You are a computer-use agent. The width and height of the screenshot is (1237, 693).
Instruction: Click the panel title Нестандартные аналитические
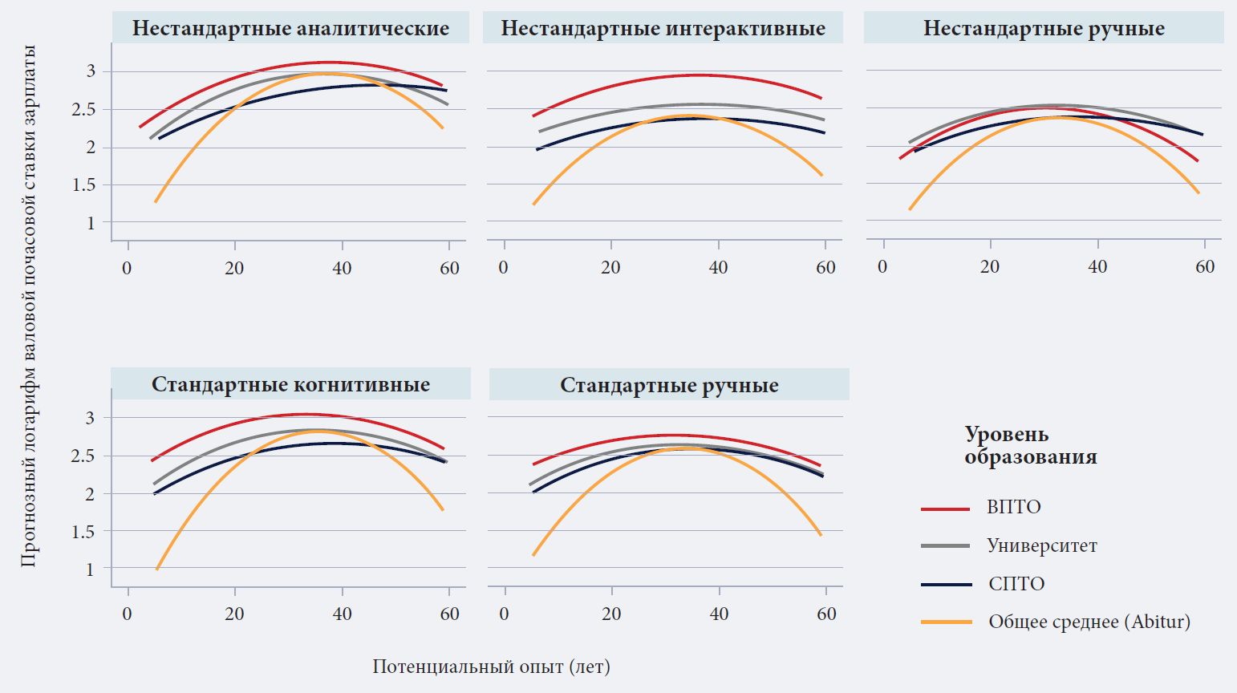tap(290, 29)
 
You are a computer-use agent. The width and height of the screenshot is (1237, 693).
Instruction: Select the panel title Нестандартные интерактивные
tap(663, 29)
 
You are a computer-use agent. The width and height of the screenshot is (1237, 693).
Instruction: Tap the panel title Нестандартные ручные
tap(1044, 29)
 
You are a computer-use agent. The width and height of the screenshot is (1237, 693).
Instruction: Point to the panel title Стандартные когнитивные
tap(290, 384)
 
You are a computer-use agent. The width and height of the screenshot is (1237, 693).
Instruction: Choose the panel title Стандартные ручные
tap(669, 385)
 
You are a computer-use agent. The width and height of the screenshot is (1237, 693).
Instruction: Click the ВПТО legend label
tap(1013, 507)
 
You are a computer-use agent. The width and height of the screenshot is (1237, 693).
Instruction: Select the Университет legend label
tap(1041, 545)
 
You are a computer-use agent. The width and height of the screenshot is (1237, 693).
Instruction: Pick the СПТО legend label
tap(1016, 583)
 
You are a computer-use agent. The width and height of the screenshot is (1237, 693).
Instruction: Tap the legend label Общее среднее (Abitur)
tap(1089, 622)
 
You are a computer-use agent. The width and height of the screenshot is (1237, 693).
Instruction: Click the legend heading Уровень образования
tap(1030, 446)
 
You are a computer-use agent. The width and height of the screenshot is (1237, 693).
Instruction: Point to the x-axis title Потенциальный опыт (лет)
tap(491, 667)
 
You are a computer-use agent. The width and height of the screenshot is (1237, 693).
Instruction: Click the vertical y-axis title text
tap(29, 306)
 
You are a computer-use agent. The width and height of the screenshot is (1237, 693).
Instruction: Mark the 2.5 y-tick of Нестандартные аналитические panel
tap(83, 109)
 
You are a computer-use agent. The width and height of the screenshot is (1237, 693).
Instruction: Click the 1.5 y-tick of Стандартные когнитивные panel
tap(83, 531)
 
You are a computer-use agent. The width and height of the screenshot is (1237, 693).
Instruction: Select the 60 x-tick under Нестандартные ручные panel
tap(1205, 267)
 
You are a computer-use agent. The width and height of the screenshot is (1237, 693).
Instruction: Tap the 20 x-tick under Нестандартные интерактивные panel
tap(610, 267)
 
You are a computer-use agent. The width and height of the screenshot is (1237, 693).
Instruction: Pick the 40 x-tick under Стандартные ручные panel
tap(719, 614)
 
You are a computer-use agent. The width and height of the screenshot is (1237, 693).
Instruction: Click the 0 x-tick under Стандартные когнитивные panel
tap(128, 614)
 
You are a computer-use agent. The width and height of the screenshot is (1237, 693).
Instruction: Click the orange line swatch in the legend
tap(946, 622)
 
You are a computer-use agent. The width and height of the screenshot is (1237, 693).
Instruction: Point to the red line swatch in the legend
tap(946, 509)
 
